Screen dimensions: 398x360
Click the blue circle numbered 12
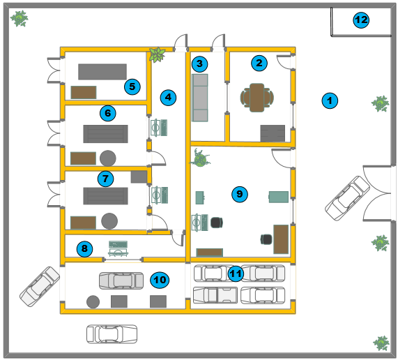click(361, 20)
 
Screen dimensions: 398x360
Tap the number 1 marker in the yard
click(330, 100)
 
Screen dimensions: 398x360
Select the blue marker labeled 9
click(239, 195)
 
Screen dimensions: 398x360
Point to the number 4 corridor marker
click(168, 97)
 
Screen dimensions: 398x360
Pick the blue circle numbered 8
click(84, 249)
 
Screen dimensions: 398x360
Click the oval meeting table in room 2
click(257, 98)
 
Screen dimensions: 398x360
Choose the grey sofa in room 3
click(200, 98)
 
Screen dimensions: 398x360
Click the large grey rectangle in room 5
click(102, 72)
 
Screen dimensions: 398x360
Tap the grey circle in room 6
click(108, 158)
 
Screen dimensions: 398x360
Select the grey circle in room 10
click(93, 302)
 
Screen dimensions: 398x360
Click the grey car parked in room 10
click(121, 280)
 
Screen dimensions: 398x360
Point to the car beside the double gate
click(348, 198)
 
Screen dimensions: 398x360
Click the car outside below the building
click(112, 333)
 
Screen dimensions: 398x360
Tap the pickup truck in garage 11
click(215, 295)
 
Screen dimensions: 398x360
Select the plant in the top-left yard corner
click(19, 18)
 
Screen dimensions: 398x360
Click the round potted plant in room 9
click(200, 158)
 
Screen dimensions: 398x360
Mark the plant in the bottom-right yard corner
click(381, 343)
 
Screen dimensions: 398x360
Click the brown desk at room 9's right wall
click(281, 239)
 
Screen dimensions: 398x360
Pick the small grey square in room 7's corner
click(139, 177)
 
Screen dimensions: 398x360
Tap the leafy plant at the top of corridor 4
click(157, 54)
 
